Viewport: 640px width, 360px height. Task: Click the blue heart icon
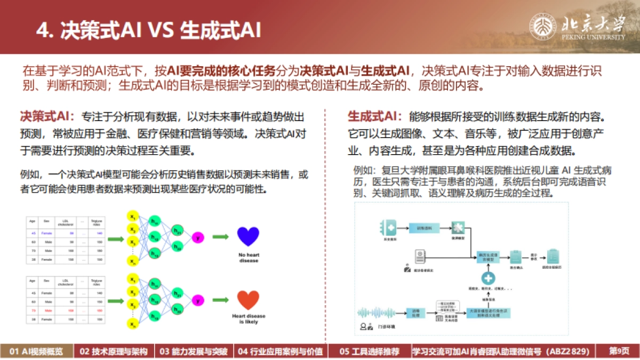point(247,237)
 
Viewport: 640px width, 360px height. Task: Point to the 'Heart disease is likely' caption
point(249,318)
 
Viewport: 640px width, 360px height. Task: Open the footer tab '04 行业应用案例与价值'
point(280,351)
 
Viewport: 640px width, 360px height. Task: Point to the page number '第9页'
point(619,351)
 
